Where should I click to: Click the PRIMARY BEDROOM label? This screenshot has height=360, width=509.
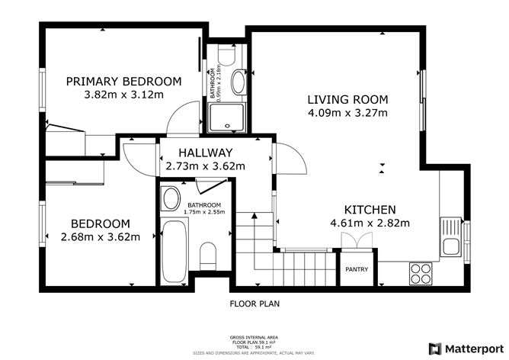pos(123,82)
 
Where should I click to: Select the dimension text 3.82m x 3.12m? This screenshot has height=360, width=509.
pos(123,95)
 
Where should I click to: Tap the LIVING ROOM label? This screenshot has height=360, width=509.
pos(347,99)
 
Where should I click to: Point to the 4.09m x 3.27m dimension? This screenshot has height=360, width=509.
pos(347,114)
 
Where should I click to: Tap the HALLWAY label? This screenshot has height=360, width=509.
pos(205,152)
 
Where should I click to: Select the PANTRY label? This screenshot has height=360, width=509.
pos(357,269)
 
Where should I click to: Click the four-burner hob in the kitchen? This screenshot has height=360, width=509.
pos(421,272)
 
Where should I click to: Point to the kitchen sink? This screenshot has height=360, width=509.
pos(450,245)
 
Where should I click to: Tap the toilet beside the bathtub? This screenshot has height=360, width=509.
pos(206,254)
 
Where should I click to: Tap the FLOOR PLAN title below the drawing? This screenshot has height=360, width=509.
pos(255,304)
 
